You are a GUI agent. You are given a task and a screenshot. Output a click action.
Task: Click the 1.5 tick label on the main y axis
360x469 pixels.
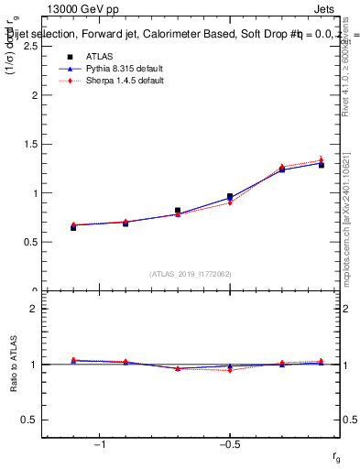[x=30, y=144]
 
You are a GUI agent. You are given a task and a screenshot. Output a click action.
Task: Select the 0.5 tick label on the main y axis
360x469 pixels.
[x=30, y=242]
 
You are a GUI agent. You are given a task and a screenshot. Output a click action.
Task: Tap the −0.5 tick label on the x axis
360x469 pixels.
[x=229, y=444]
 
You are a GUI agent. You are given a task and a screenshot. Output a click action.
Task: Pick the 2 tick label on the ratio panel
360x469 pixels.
[x=34, y=309]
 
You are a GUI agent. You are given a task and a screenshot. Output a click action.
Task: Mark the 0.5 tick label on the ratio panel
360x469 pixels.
[x=30, y=420]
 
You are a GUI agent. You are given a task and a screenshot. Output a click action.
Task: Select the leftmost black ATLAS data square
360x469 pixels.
[x=73, y=227]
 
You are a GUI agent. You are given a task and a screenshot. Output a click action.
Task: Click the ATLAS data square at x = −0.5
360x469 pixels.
[x=230, y=196]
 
